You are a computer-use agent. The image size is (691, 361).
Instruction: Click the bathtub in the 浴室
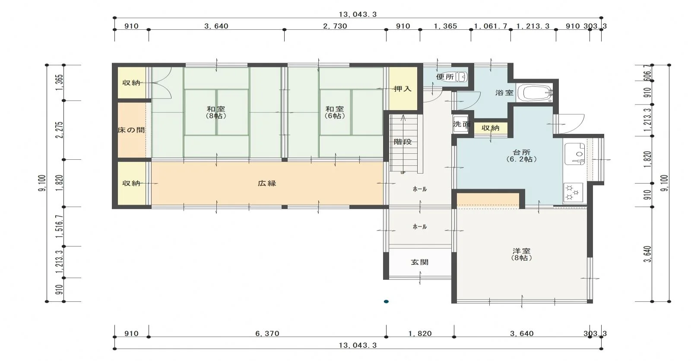click(x=535, y=92)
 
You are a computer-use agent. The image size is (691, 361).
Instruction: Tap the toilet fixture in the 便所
click(x=457, y=76)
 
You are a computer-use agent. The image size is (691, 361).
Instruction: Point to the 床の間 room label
click(x=131, y=130)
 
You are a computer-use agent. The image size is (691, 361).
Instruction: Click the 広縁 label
click(x=267, y=183)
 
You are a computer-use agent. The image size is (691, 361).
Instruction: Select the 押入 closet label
click(x=403, y=89)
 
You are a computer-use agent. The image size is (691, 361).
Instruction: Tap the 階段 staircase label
click(x=403, y=142)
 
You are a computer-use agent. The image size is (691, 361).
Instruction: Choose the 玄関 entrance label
click(x=419, y=262)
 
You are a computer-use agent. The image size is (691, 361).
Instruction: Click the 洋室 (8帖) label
click(x=522, y=254)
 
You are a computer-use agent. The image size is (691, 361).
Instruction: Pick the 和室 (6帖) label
click(x=335, y=112)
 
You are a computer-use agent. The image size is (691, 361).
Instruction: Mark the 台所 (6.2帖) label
click(x=522, y=156)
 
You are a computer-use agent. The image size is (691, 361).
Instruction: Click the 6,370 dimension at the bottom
click(x=267, y=333)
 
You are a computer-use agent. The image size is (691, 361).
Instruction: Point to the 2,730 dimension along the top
click(x=335, y=26)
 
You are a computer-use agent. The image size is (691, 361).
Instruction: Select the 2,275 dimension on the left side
click(x=60, y=130)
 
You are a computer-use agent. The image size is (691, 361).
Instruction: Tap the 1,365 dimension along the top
click(x=445, y=26)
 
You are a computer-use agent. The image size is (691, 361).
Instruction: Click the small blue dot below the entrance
click(x=386, y=301)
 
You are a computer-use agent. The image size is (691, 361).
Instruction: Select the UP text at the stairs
click(x=403, y=173)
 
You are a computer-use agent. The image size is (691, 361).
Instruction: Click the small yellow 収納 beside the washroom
click(x=490, y=128)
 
